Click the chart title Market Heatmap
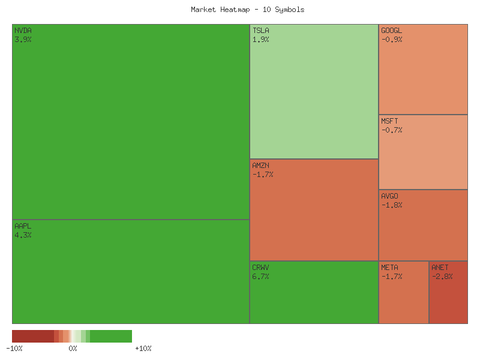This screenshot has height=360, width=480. (x=247, y=10)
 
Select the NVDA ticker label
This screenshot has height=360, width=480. (x=23, y=30)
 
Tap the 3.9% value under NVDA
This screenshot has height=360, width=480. (x=23, y=39)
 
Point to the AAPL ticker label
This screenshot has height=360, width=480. (x=23, y=226)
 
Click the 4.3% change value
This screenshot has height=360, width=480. (x=23, y=235)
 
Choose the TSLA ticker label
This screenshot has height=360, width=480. (x=260, y=30)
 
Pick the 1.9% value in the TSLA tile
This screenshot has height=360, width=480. (x=260, y=39)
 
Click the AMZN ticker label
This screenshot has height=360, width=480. (x=260, y=165)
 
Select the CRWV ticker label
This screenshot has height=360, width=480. (x=260, y=268)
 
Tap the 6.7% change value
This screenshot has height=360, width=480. (x=260, y=277)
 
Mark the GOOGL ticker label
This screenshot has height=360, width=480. (x=392, y=30)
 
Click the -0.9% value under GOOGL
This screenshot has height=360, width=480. (x=392, y=39)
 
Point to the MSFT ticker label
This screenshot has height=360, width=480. (x=389, y=121)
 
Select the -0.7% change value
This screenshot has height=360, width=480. (x=392, y=130)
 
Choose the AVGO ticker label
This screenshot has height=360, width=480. (x=389, y=196)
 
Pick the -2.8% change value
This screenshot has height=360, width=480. (x=442, y=277)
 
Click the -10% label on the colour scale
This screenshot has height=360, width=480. (x=14, y=349)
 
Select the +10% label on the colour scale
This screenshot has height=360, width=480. (x=143, y=349)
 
